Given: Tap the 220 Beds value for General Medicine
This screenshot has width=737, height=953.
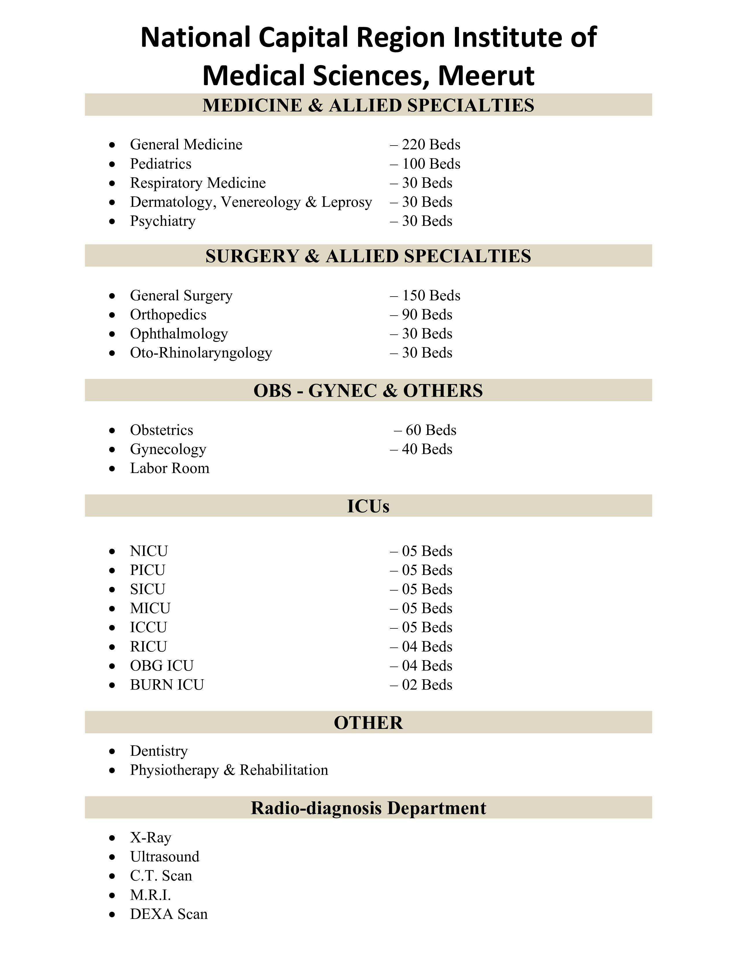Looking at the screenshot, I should [x=431, y=144].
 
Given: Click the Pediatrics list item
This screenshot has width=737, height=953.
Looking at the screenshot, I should [x=161, y=164].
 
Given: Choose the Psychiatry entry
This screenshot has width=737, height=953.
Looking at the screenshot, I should [x=162, y=221].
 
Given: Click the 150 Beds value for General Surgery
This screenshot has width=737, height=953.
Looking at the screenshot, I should [x=431, y=295].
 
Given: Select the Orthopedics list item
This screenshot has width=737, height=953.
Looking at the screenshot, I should [x=168, y=314].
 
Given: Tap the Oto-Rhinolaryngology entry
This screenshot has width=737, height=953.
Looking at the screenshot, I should [x=201, y=353].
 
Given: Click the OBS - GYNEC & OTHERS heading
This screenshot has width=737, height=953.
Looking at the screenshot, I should [x=368, y=390].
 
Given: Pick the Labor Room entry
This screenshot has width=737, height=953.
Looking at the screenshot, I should [x=169, y=468].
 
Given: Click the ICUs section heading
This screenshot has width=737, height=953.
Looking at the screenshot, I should [x=368, y=506].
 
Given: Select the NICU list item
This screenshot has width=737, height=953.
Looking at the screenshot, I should [x=149, y=551].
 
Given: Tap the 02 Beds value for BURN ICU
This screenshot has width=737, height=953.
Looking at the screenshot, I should [x=427, y=685].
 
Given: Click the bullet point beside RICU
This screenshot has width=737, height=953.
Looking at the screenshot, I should [x=112, y=647].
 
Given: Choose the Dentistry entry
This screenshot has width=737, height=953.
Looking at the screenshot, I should [x=159, y=751].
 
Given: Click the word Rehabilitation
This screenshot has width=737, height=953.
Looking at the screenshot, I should [x=284, y=770].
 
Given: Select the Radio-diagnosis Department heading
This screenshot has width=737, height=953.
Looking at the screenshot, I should [x=368, y=808].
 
